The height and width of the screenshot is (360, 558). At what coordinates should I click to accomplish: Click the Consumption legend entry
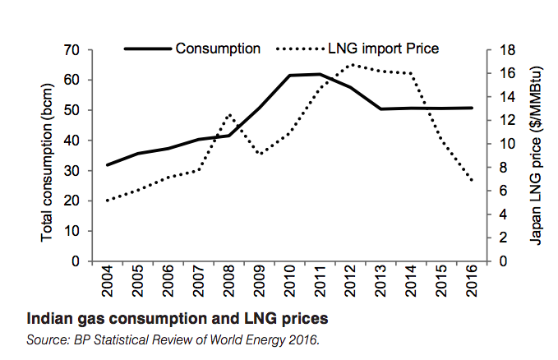[218, 48]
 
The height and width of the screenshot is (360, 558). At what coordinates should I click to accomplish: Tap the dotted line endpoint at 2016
[472, 180]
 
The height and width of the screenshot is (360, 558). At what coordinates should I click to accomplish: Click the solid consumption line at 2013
[381, 108]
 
